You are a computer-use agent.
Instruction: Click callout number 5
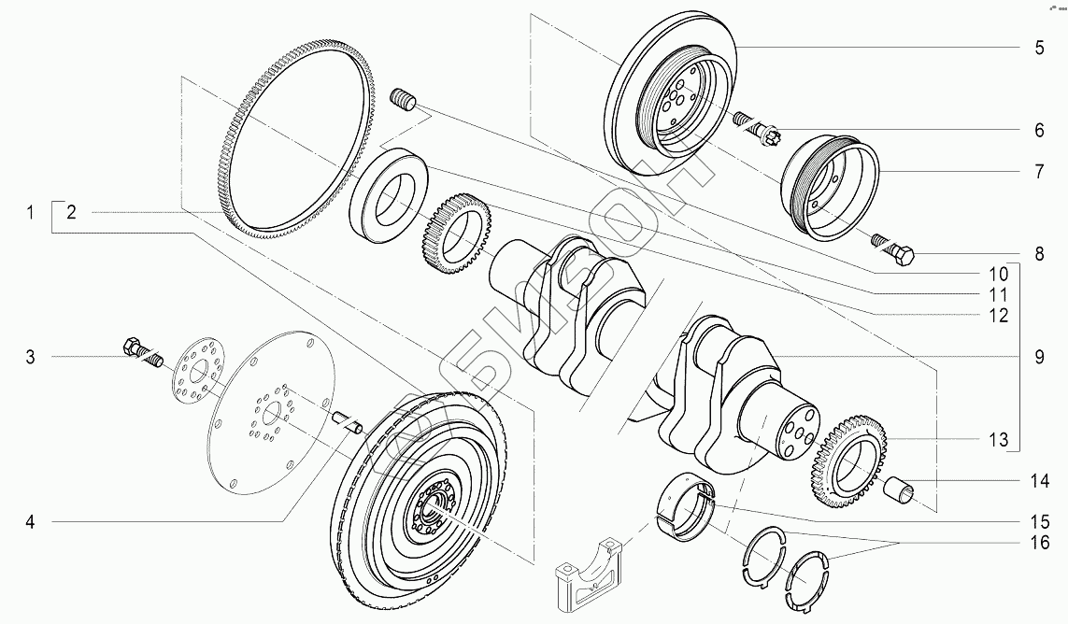click(x=1039, y=48)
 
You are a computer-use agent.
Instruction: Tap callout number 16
click(x=1039, y=543)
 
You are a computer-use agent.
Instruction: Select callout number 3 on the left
click(x=30, y=357)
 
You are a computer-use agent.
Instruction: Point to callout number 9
click(x=1039, y=357)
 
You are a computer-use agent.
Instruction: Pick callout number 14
click(x=1039, y=482)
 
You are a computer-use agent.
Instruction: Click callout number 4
click(x=30, y=522)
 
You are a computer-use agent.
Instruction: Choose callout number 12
click(x=998, y=316)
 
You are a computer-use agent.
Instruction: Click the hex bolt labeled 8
click(x=893, y=250)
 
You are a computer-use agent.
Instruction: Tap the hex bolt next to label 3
click(x=142, y=351)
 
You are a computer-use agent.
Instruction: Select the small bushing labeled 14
click(x=898, y=490)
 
